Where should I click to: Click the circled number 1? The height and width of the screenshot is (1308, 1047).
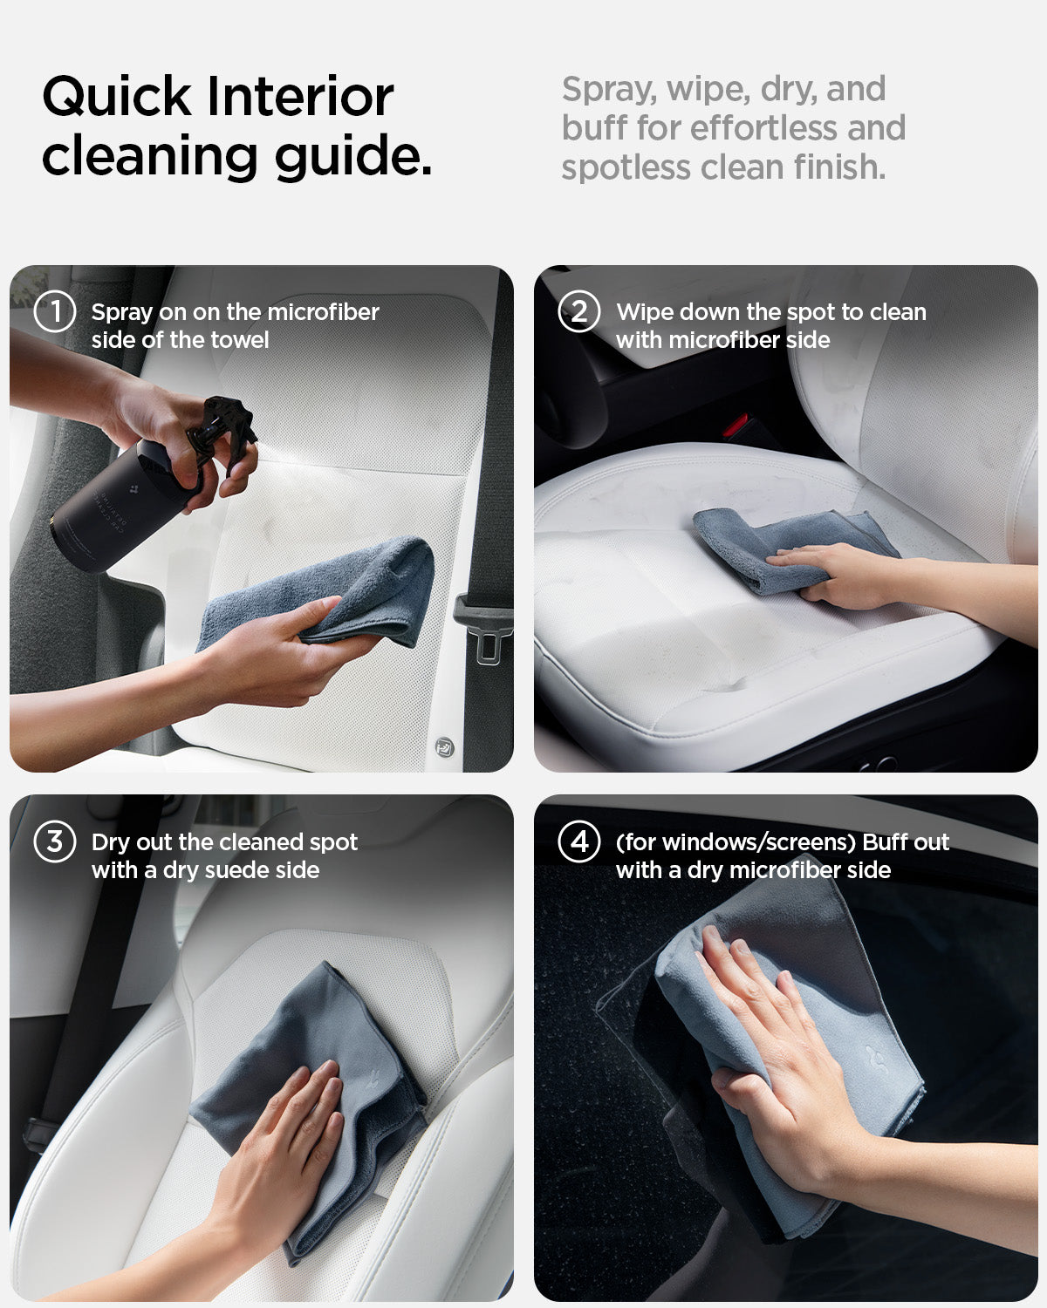pyautogui.click(x=55, y=312)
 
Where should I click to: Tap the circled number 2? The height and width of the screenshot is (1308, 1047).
pyautogui.click(x=579, y=312)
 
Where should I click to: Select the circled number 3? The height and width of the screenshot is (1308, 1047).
pyautogui.click(x=55, y=842)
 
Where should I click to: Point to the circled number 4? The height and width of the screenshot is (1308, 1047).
pyautogui.click(x=579, y=842)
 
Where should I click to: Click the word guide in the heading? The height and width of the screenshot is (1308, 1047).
pyautogui.click(x=352, y=157)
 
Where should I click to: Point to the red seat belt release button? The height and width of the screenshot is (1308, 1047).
pyautogui.click(x=734, y=426)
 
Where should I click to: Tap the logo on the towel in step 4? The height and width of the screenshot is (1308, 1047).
pyautogui.click(x=876, y=1059)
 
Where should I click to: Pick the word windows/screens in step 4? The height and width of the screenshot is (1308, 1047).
pyautogui.click(x=741, y=842)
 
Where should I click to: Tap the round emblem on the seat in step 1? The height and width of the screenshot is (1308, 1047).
pyautogui.click(x=445, y=746)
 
